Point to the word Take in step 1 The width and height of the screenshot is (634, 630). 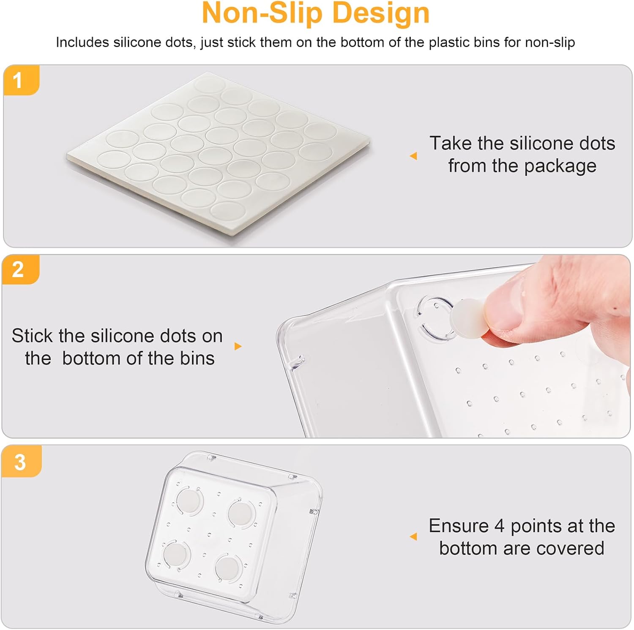pos(451,144)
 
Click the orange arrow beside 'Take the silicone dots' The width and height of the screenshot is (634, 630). pos(413,156)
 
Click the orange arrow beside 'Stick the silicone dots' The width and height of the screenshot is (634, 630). pos(238,346)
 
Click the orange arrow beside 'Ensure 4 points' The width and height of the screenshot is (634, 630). pos(413,537)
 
